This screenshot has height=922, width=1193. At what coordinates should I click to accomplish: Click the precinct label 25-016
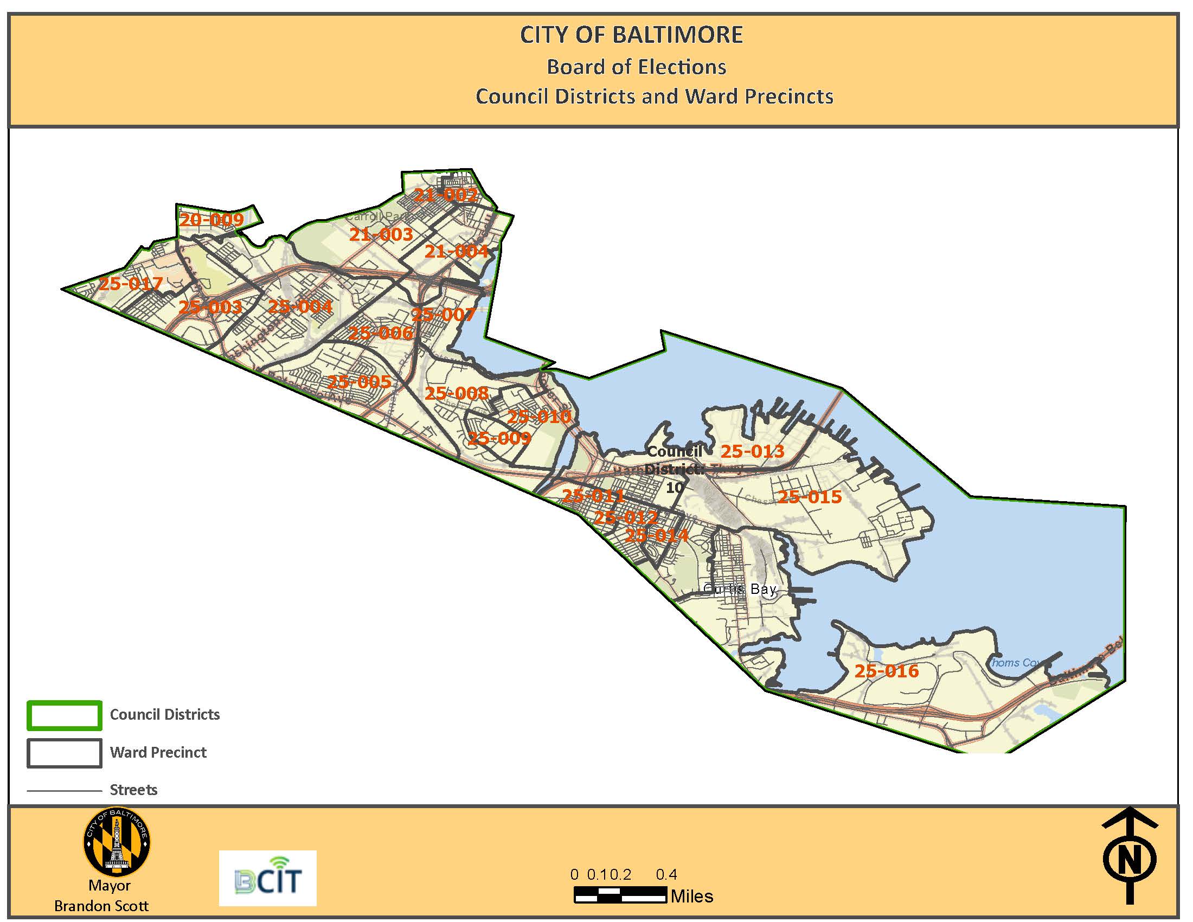tap(887, 671)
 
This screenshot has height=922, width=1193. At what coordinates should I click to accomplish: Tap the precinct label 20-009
tap(211, 220)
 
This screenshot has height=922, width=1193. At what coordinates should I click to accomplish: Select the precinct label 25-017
tap(131, 284)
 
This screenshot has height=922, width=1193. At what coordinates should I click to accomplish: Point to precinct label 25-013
tap(752, 451)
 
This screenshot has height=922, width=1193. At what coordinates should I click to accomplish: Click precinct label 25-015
tap(810, 496)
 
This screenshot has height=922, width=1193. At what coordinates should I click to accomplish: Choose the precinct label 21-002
tap(446, 195)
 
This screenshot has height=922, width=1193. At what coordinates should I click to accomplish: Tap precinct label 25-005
tap(359, 381)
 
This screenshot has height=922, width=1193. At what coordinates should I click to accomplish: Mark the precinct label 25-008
tap(457, 393)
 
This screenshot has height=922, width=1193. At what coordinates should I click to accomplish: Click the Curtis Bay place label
tap(740, 589)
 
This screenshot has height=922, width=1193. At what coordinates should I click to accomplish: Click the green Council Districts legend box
tap(65, 715)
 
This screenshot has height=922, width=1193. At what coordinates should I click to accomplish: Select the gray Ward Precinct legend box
tap(65, 753)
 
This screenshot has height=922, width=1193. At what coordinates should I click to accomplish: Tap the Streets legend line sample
tap(65, 790)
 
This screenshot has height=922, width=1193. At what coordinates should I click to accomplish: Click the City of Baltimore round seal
tap(117, 841)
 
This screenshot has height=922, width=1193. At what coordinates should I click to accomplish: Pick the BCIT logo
tap(268, 878)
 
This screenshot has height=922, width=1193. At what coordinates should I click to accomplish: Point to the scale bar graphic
tap(620, 896)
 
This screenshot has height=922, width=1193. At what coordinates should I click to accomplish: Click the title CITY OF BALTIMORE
tap(631, 35)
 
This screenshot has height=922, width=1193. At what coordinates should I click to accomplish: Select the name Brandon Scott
tap(101, 906)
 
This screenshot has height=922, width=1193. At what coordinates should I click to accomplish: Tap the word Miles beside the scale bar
tap(691, 897)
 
